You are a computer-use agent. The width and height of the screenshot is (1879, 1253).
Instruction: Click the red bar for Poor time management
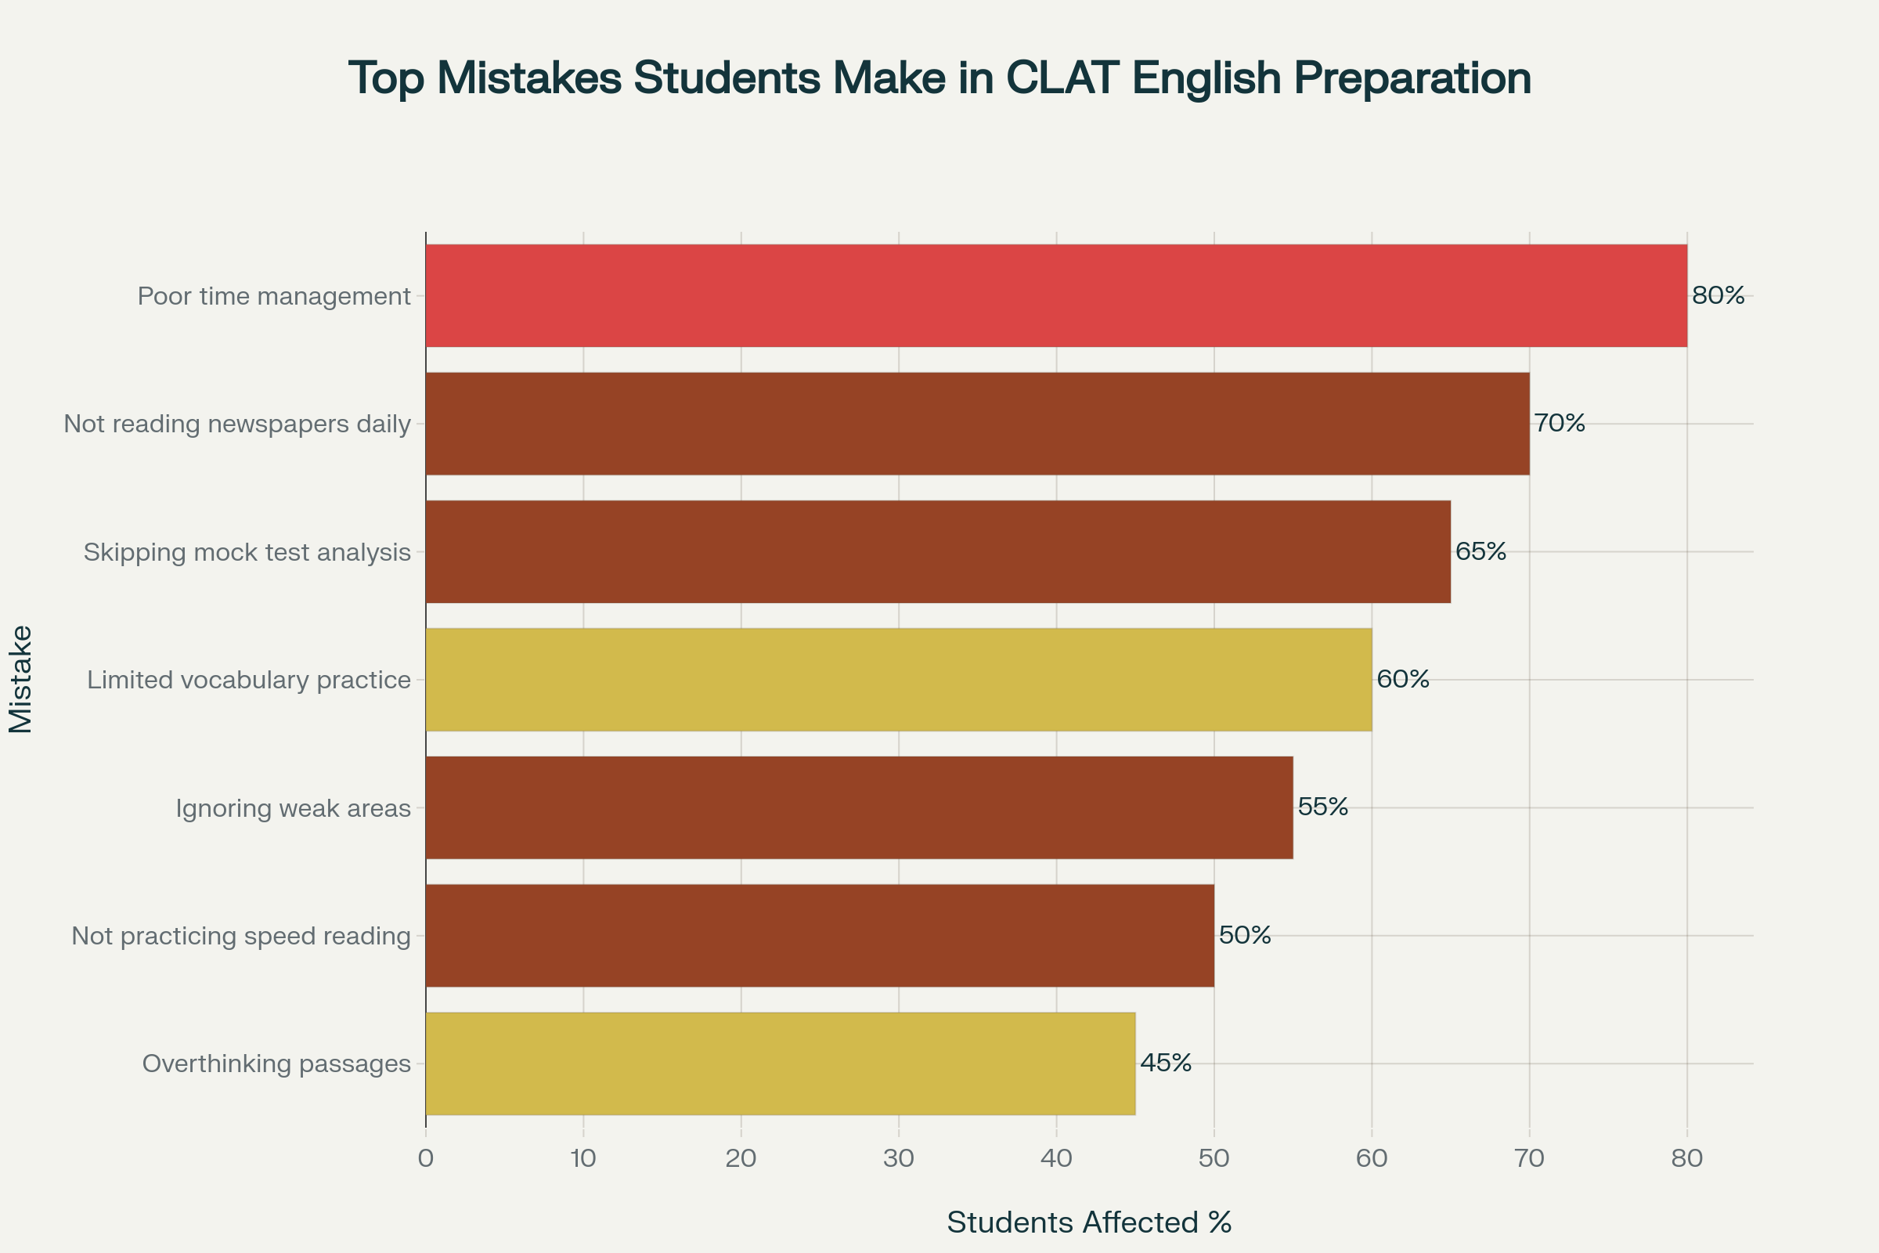1056,296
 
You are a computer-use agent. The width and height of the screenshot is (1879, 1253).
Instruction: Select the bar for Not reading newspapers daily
977,424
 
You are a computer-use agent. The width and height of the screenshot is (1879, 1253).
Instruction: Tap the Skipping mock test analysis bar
938,551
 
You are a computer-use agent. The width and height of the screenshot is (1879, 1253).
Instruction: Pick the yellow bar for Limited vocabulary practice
899,679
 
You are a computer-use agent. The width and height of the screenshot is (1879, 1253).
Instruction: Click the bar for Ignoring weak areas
859,808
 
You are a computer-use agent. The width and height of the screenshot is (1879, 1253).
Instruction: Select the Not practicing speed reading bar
820,936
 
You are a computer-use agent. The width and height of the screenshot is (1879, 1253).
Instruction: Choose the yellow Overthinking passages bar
780,1063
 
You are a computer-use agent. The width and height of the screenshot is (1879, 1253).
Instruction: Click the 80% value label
1719,296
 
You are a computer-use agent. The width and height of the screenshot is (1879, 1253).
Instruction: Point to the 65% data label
1480,551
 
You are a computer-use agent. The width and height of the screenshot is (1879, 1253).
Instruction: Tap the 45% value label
1166,1063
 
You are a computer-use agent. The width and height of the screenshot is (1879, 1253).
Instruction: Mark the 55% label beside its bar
1323,807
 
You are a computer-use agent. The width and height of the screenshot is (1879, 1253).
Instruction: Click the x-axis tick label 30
899,1159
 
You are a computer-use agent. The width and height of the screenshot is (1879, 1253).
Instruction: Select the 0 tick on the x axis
426,1159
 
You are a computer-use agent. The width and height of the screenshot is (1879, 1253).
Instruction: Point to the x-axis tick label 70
1529,1159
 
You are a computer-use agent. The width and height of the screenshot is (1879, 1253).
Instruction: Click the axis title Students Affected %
1089,1222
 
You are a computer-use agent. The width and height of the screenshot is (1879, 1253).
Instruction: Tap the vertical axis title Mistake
22,679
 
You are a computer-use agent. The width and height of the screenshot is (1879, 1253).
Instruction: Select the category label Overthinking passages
276,1063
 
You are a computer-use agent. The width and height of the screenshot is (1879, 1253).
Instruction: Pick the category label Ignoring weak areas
293,808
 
